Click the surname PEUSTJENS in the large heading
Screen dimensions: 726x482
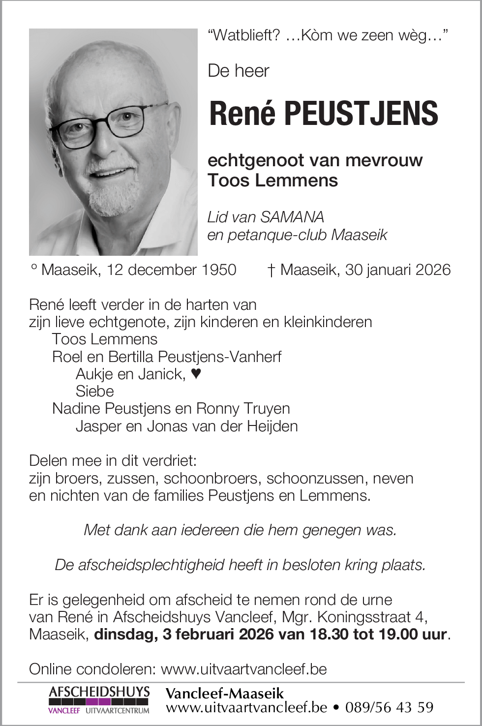(361, 114)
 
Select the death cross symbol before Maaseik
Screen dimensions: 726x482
(271, 271)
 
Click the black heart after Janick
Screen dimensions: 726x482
(196, 374)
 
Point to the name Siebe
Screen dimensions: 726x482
(94, 392)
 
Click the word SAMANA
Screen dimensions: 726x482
(292, 217)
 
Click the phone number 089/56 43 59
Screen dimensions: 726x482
(389, 707)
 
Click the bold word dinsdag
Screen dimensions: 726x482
(125, 634)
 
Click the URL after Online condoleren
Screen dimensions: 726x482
(244, 669)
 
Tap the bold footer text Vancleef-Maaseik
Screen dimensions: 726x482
(225, 694)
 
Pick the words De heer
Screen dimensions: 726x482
(239, 71)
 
